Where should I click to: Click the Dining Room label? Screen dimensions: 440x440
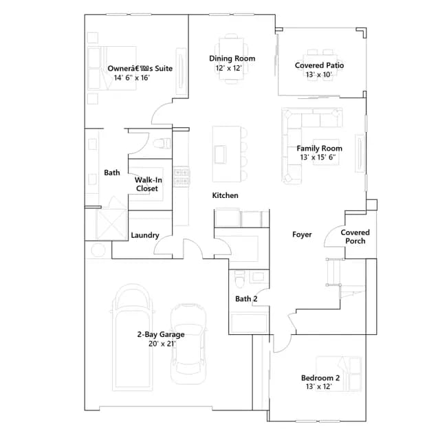[232, 58]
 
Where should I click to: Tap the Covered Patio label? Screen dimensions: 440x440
[319, 65]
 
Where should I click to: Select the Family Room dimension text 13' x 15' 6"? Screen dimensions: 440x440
[318, 157]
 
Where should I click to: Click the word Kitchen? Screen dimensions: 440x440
[225, 195]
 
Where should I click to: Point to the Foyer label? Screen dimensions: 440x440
[302, 234]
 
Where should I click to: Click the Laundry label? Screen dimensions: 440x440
[145, 235]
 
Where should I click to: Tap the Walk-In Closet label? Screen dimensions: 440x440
[148, 184]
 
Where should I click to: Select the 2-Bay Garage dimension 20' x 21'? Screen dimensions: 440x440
[162, 344]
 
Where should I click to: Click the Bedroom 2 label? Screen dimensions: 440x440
[320, 378]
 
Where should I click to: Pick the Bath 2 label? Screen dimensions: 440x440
[246, 299]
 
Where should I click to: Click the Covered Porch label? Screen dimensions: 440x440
[355, 236]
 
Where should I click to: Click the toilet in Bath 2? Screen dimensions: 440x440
[239, 278]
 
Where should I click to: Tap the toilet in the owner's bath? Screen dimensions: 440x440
[162, 143]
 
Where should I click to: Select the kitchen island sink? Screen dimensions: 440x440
[220, 154]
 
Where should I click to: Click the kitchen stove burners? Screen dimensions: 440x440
[181, 177]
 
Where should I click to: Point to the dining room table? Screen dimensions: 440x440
[232, 58]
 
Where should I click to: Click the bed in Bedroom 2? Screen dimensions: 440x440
[339, 374]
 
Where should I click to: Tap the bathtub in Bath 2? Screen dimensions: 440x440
[249, 323]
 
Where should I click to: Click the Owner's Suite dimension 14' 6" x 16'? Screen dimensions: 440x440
[132, 78]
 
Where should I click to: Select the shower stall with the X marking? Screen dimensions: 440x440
[111, 225]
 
